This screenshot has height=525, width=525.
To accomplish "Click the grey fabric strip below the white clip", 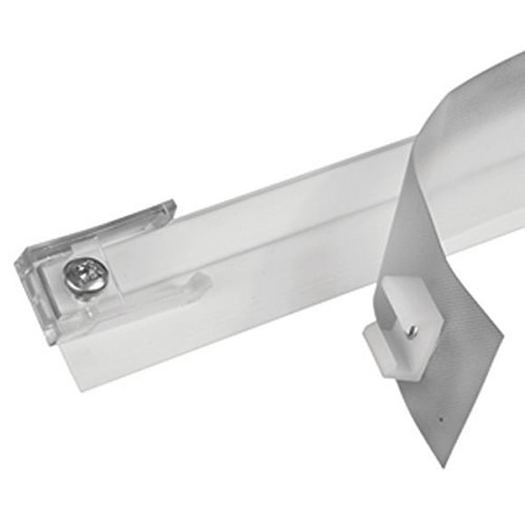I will [x=434, y=389].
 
